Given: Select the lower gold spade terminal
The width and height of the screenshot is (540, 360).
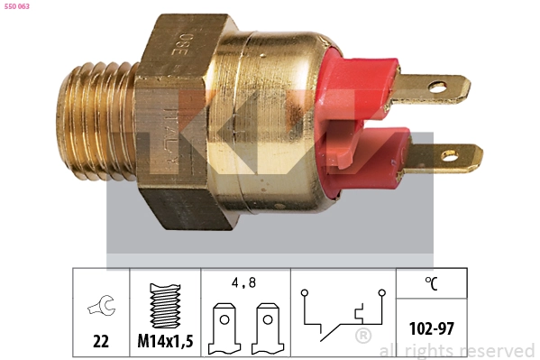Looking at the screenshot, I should (x=445, y=158).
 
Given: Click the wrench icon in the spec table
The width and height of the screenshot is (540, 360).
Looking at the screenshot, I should (x=101, y=308).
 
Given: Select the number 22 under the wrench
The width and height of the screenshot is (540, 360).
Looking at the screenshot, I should (x=101, y=342).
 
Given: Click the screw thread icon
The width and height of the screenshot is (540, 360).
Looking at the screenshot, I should (x=165, y=307).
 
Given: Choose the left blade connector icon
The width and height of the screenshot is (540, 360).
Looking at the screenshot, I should (x=223, y=329).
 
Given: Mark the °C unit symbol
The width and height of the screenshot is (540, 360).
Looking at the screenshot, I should (x=432, y=283).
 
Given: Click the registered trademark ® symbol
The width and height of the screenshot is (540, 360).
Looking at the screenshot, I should (x=362, y=337).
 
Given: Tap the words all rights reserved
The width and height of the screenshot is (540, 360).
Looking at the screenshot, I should (x=456, y=350).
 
